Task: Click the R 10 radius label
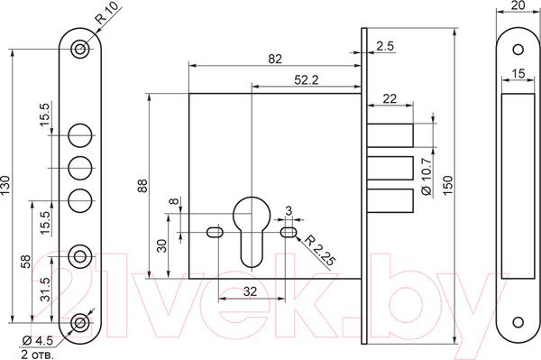point(106,13)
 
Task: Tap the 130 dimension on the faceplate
point(6,185)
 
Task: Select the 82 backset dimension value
point(275,59)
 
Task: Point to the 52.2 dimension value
point(307,80)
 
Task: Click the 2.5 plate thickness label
point(385,46)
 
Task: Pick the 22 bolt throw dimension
point(390,98)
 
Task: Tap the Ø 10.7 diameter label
point(426,177)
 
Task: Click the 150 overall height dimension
point(447,185)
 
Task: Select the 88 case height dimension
point(142,185)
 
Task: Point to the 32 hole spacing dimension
point(250,291)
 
